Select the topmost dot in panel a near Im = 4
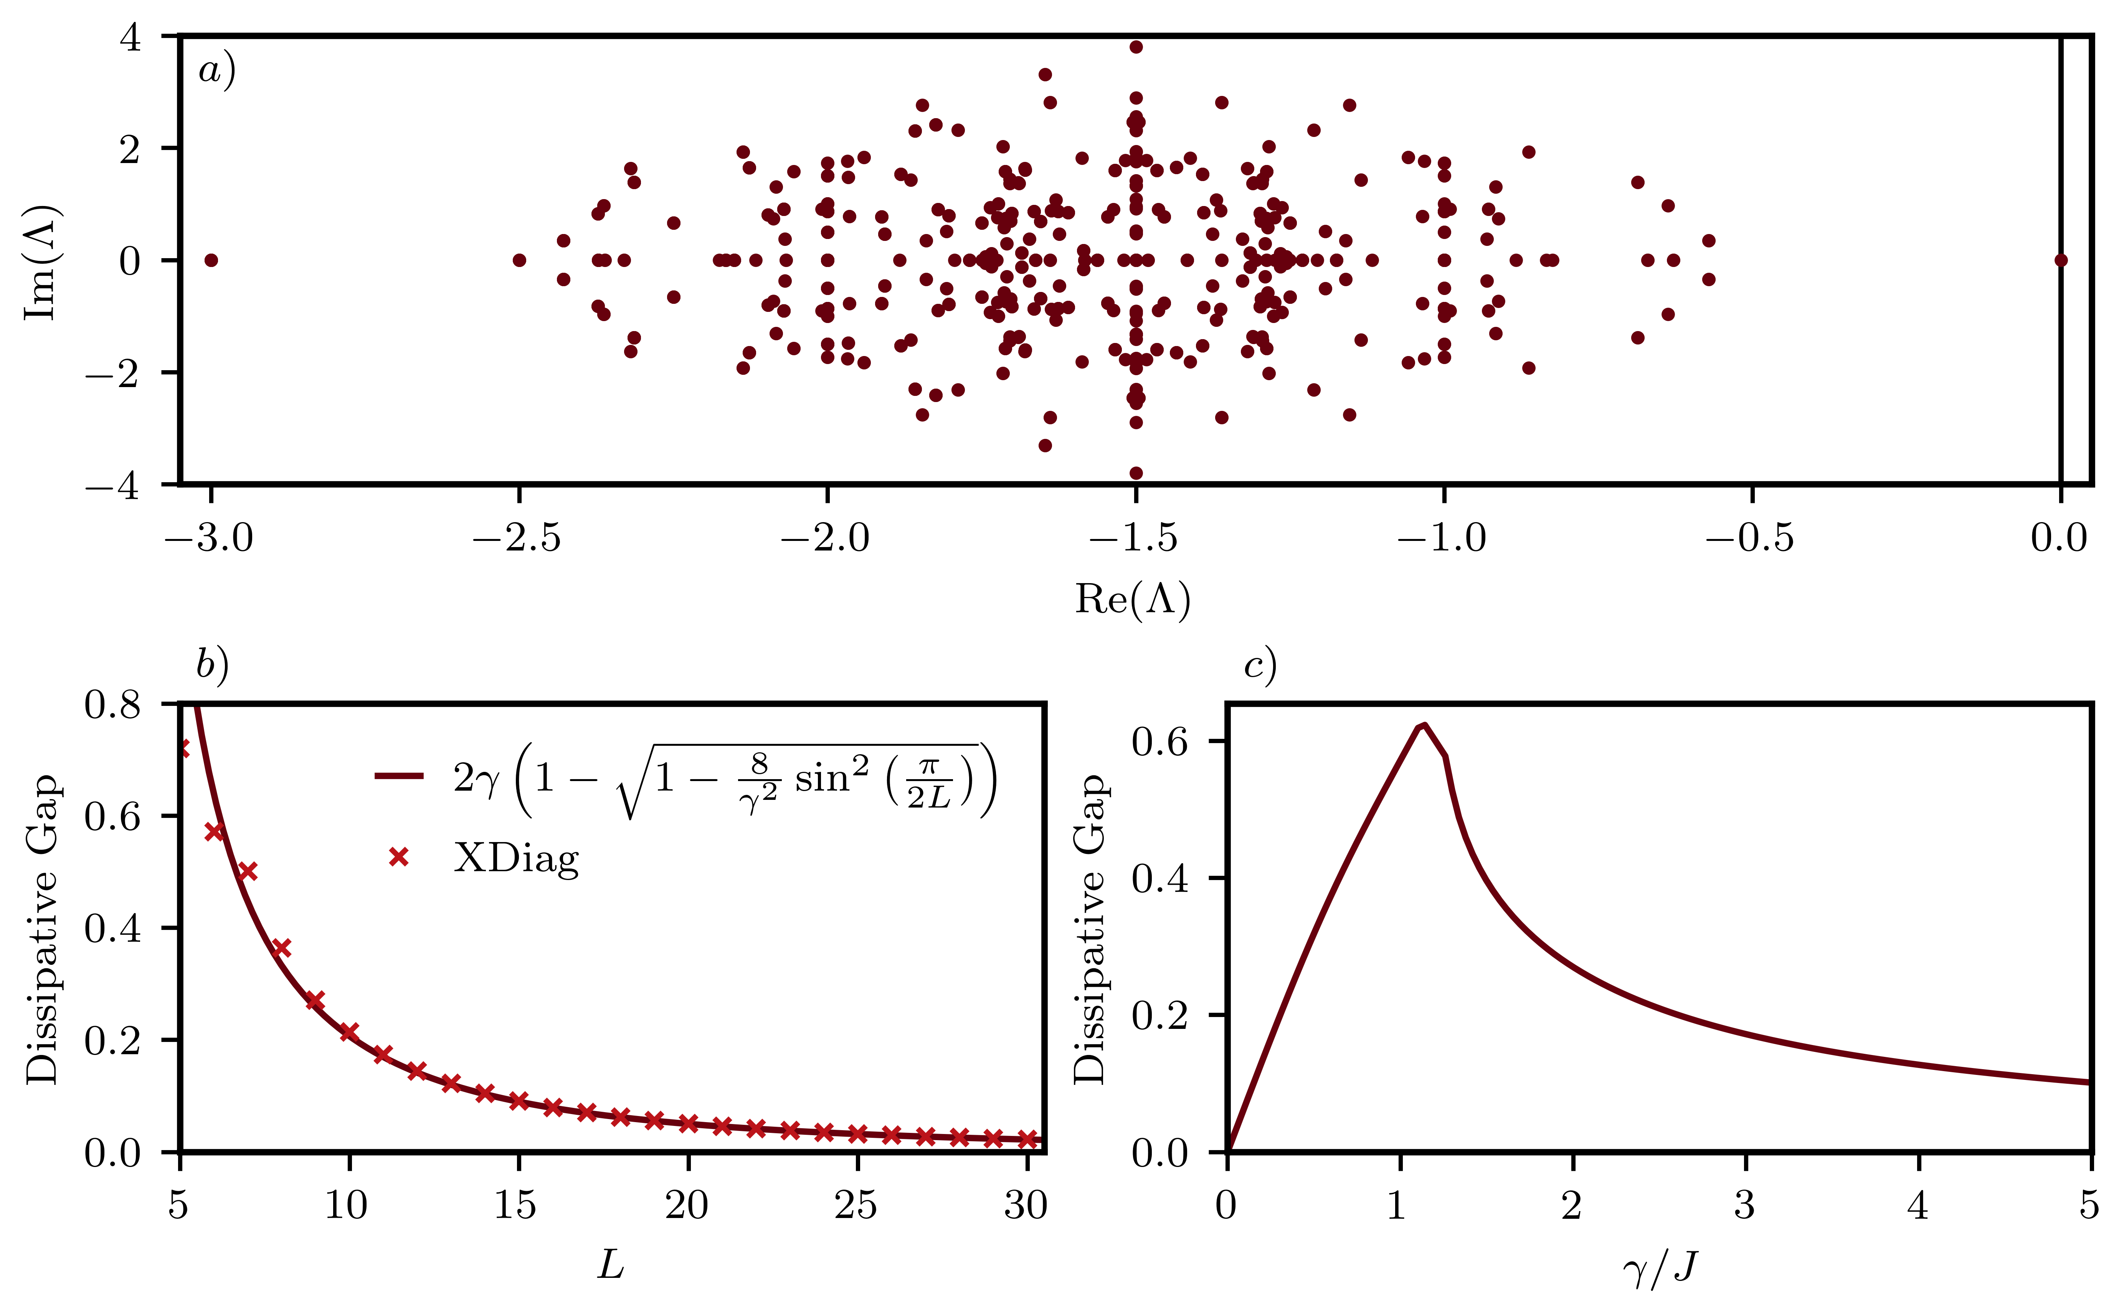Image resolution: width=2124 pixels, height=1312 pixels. pos(1135,47)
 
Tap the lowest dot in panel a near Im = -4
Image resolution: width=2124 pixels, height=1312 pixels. pos(1135,473)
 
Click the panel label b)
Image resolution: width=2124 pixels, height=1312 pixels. pos(211,666)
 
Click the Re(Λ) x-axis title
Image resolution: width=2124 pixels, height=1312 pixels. pos(1133,599)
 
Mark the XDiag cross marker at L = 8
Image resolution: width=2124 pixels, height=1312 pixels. pos(281,948)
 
